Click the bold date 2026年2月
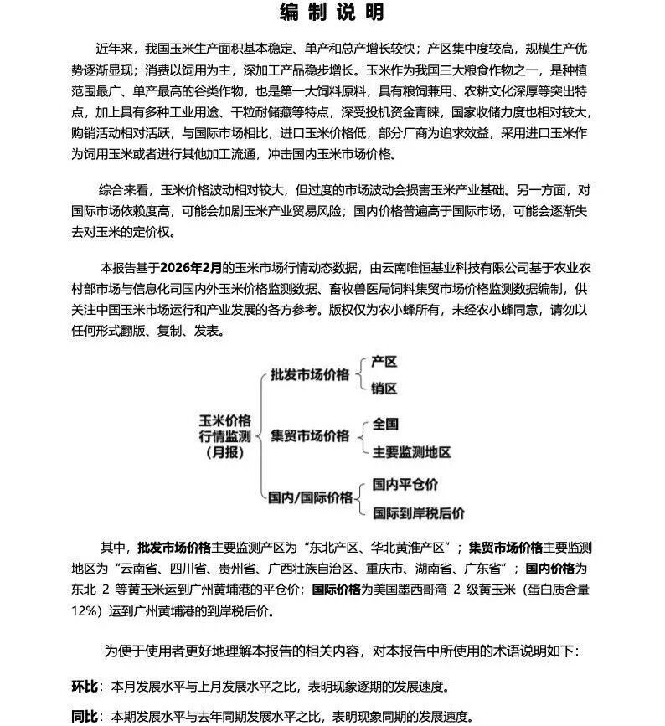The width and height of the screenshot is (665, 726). [x=193, y=269]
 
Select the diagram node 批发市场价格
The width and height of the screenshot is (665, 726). [x=310, y=374]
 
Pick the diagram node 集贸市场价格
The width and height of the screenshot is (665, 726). [x=310, y=435]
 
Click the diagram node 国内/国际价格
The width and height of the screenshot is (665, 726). [x=310, y=497]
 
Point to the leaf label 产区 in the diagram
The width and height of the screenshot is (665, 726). [x=384, y=362]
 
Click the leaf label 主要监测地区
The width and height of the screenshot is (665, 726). [x=411, y=451]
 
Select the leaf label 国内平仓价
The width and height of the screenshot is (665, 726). [x=405, y=485]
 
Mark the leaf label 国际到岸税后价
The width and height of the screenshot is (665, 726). [x=418, y=512]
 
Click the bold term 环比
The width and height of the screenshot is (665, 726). [x=85, y=687]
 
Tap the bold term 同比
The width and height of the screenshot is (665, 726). [x=85, y=717]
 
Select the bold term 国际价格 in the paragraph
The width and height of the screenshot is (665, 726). [x=340, y=590]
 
